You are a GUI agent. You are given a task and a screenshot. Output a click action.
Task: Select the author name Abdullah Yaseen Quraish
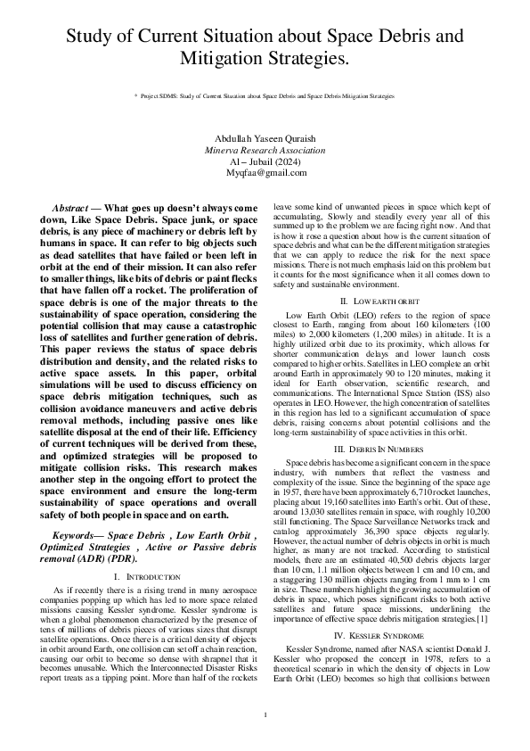click(265, 139)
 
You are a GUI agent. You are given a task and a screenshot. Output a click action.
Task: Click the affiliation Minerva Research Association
click(265, 151)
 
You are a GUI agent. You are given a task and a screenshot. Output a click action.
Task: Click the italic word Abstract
click(70, 207)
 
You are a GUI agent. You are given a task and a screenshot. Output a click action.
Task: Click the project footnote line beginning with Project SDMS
click(267, 95)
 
